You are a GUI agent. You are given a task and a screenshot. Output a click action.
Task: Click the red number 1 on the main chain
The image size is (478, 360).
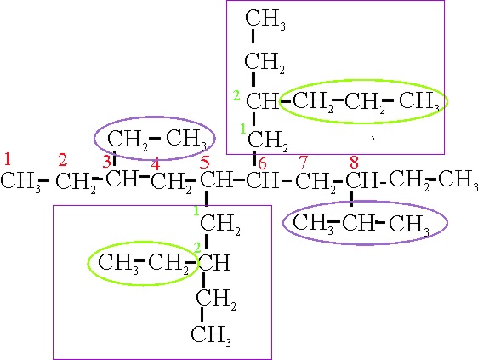(8, 159)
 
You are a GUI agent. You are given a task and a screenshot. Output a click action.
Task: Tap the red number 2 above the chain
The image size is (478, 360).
(63, 160)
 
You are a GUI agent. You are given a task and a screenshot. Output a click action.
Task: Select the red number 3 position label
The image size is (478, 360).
(106, 162)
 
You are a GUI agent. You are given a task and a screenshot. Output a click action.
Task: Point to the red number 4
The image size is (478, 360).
(156, 165)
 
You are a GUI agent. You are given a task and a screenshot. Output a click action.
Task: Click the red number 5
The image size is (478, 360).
(205, 162)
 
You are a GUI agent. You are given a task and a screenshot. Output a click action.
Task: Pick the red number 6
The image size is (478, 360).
(262, 164)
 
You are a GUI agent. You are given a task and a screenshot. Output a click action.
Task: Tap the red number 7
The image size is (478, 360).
(304, 162)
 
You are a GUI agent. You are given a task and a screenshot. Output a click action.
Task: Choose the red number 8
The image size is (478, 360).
(354, 162)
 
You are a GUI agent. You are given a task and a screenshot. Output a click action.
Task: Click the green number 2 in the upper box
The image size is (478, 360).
(236, 96)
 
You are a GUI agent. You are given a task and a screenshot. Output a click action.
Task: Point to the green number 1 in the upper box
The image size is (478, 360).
(242, 129)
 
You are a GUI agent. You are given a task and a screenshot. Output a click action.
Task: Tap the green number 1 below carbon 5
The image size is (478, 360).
(196, 210)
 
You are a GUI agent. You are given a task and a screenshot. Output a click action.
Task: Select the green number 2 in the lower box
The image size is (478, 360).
(197, 249)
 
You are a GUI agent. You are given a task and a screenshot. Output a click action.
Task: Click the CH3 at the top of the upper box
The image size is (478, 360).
(265, 20)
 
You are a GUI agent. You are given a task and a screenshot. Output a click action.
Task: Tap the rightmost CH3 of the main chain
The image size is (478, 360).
(458, 180)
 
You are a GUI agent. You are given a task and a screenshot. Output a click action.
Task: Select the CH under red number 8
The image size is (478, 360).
(361, 180)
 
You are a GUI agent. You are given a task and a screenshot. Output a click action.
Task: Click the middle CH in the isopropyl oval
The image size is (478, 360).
(358, 222)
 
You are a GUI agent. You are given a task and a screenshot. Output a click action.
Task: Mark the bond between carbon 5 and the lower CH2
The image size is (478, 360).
(207, 199)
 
